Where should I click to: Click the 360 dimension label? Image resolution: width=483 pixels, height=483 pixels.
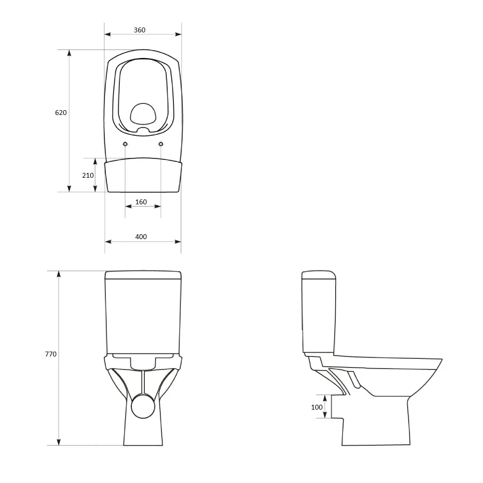click(139, 30)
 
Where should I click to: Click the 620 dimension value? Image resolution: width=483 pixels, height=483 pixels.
click(61, 113)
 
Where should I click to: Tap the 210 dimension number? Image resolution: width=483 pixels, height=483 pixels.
click(88, 175)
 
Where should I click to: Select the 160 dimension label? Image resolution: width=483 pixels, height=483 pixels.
click(141, 202)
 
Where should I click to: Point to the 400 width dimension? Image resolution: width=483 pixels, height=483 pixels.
click(141, 237)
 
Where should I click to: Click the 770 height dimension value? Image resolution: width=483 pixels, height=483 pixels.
click(51, 354)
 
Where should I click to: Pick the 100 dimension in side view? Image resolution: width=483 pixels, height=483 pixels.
click(317, 407)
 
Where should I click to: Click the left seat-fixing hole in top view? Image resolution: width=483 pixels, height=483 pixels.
click(126, 144)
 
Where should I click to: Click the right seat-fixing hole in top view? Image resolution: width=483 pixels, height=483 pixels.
click(161, 144)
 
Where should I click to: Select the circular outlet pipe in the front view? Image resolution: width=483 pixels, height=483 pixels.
click(143, 405)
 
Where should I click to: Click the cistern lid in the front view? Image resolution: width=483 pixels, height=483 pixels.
click(143, 276)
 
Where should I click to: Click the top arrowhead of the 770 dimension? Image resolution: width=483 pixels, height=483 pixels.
click(59, 274)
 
